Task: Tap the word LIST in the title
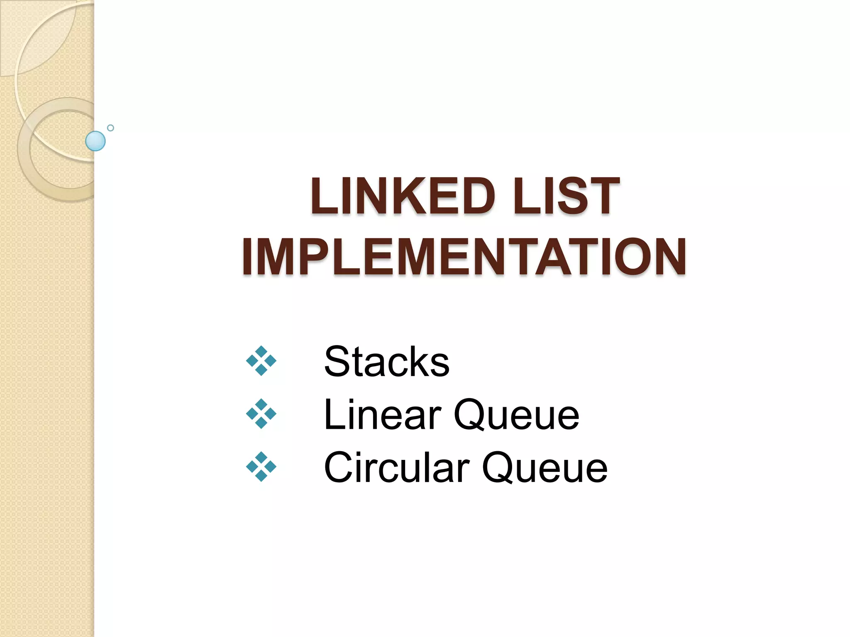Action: pyautogui.click(x=566, y=196)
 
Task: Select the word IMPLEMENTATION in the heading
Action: pyautogui.click(x=464, y=257)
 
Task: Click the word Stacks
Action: pyautogui.click(x=386, y=362)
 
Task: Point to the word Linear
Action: pyautogui.click(x=382, y=415)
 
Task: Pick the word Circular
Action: pyautogui.click(x=396, y=467)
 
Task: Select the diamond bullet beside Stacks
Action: pyautogui.click(x=261, y=361)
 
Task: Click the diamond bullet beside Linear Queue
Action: pyautogui.click(x=261, y=414)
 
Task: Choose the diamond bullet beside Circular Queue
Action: pyautogui.click(x=261, y=467)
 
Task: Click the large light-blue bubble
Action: pyautogui.click(x=95, y=141)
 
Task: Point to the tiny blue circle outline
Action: pyautogui.click(x=110, y=128)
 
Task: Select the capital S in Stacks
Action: pyautogui.click(x=337, y=362)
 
